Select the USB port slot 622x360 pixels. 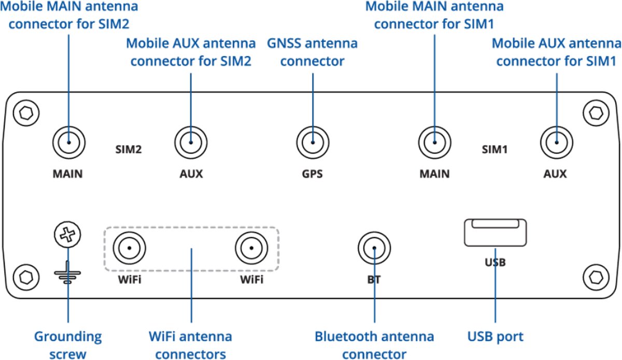pyautogui.click(x=495, y=233)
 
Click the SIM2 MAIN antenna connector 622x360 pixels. pyautogui.click(x=68, y=141)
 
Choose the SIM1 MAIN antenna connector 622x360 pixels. pyautogui.click(x=434, y=141)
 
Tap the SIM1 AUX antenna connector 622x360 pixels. pyautogui.click(x=556, y=141)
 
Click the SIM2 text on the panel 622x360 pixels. pyautogui.click(x=128, y=150)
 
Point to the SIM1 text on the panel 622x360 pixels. pyautogui.click(x=494, y=150)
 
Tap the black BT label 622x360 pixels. pyautogui.click(x=374, y=280)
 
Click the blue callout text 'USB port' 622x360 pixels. pyautogui.click(x=495, y=337)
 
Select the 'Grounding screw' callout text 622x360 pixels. pyautogui.click(x=68, y=345)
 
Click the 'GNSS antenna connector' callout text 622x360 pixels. pyautogui.click(x=312, y=52)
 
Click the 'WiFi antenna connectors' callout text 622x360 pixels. pyautogui.click(x=190, y=345)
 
